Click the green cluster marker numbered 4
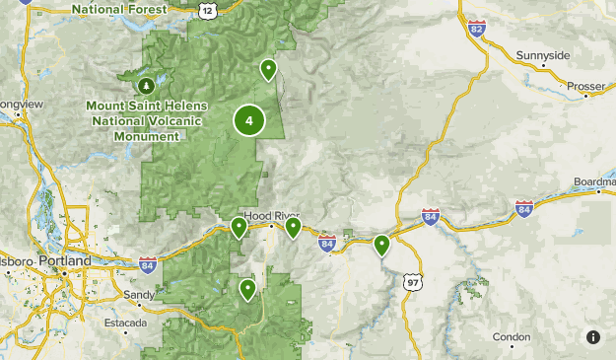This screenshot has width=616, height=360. pos(249,121)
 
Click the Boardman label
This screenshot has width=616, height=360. pos(594,181)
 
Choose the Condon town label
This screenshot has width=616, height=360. pos(512,336)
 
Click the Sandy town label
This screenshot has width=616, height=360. pos(137,294)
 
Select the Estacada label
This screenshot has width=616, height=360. pos(127,323)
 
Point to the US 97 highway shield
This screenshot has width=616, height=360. pos(412,282)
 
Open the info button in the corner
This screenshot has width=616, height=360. pos(592,337)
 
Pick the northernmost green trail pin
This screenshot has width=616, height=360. pos(267,69)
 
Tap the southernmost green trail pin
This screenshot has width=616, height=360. pos(247,289)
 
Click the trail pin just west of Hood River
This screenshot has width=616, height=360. pos(239,228)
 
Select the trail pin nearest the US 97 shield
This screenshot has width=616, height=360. pos(381,245)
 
